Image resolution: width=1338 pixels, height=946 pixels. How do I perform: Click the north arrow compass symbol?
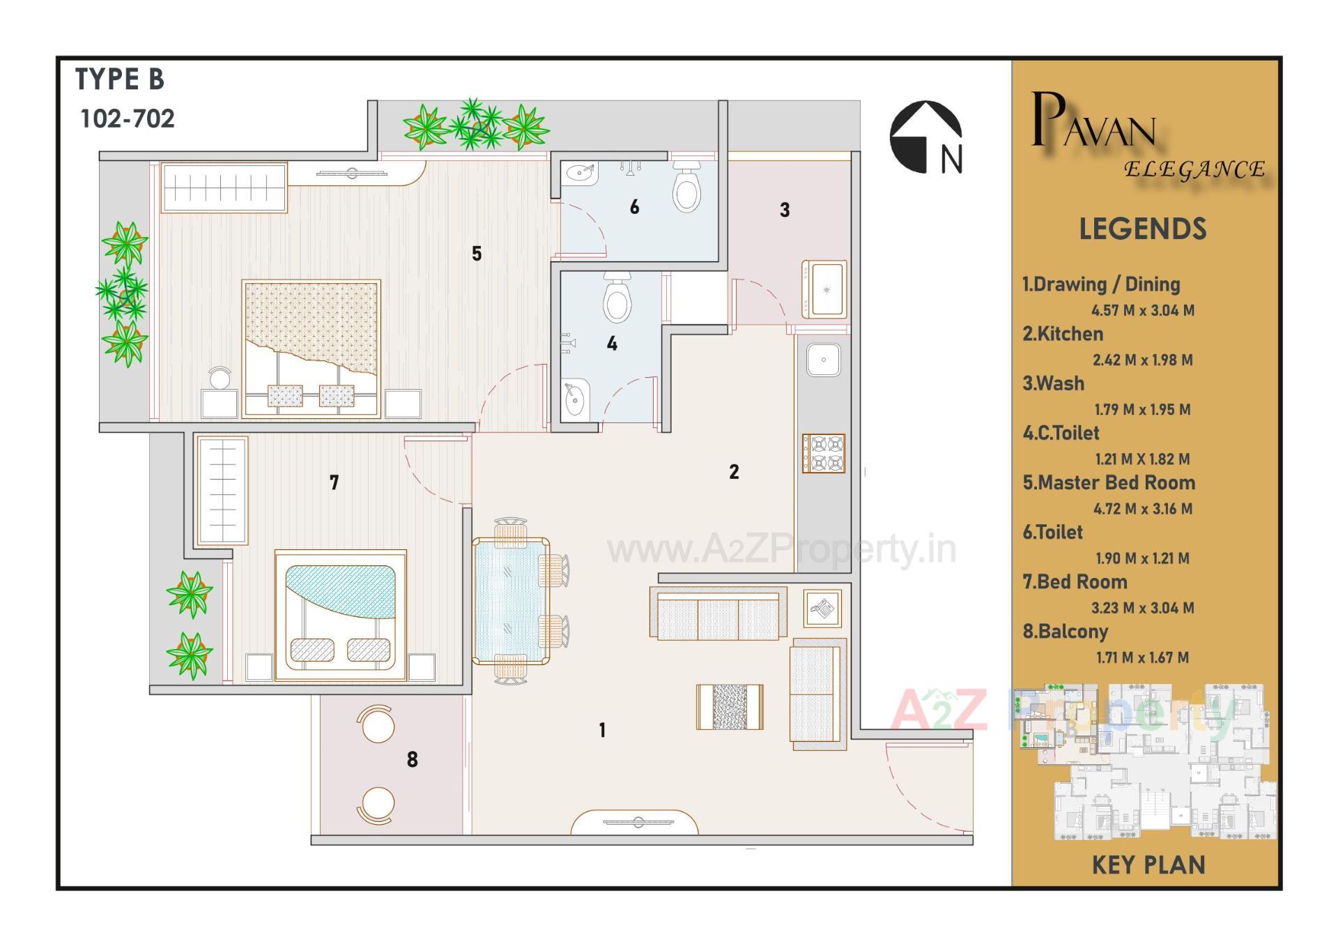pos(925,137)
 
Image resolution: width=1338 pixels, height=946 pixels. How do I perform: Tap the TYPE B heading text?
pos(119,79)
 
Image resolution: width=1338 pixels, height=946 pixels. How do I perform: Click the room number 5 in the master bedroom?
pos(477,254)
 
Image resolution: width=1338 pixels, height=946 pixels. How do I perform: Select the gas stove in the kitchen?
pos(824,453)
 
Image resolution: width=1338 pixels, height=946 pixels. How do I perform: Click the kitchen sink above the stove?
pos(824,360)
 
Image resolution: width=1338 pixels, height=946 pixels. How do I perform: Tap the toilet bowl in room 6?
pos(686,187)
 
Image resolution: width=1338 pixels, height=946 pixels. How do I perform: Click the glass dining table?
pos(510,601)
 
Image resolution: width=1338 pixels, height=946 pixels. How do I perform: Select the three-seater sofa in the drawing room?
pos(718,613)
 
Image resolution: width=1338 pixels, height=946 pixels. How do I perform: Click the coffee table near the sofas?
pos(730,707)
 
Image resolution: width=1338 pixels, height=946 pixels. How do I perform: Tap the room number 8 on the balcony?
pos(413,760)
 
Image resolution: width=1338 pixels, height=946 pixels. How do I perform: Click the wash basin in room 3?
pos(825,289)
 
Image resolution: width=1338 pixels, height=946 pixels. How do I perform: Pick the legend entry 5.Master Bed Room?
pos(1109,482)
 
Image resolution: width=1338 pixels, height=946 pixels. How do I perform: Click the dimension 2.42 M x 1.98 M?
pos(1142,360)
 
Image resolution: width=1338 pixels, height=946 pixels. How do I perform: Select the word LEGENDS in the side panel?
pos(1142,229)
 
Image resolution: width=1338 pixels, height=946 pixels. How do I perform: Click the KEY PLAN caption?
pos(1148,865)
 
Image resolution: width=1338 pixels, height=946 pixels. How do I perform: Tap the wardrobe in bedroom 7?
pos(222,491)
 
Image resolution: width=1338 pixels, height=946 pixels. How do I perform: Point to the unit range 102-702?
pos(128,119)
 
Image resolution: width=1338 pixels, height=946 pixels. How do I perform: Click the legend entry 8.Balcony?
pos(1065,632)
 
